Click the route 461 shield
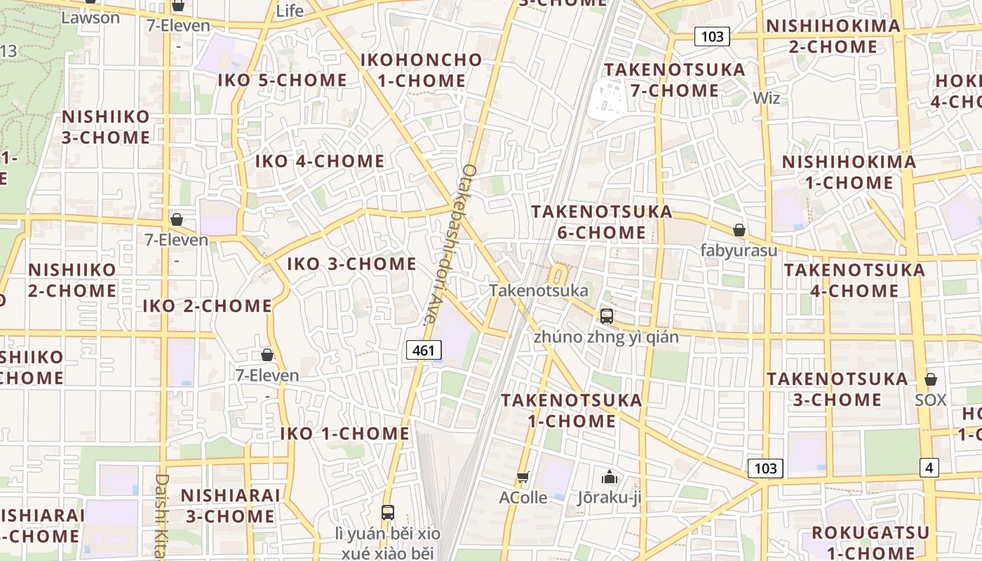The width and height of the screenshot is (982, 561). (x=424, y=350)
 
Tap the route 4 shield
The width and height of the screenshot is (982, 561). (x=929, y=468)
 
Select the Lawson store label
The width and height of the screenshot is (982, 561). (x=90, y=18)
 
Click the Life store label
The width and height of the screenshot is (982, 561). (x=290, y=11)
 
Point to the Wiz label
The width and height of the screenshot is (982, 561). (x=766, y=98)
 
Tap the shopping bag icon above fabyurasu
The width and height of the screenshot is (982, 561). (x=739, y=230)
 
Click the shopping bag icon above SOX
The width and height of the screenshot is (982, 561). (x=931, y=379)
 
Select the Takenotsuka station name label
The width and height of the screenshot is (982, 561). (x=539, y=290)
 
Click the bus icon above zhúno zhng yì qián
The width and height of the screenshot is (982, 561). (x=606, y=316)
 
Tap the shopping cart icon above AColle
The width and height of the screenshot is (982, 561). (x=523, y=478)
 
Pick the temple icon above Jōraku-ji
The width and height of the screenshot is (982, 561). (x=609, y=478)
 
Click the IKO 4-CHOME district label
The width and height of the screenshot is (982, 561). (x=319, y=161)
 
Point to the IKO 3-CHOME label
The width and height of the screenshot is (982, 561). (x=351, y=264)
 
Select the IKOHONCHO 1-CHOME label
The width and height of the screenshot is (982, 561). (x=421, y=70)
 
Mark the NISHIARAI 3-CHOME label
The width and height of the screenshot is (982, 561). (x=230, y=506)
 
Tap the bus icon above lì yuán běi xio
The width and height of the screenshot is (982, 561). (x=387, y=513)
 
